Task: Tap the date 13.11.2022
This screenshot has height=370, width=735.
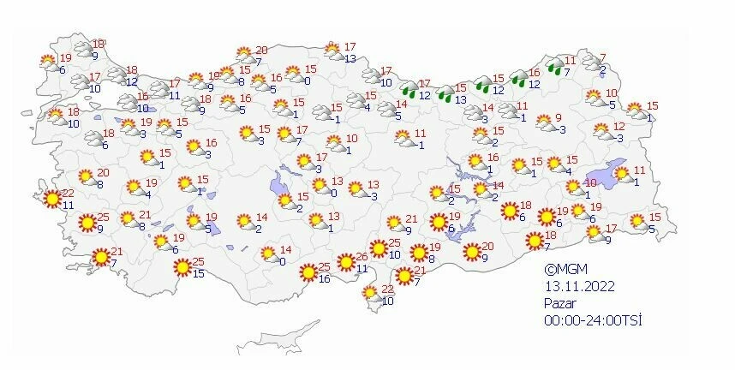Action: click(577, 287)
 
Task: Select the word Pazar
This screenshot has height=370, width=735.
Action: click(561, 303)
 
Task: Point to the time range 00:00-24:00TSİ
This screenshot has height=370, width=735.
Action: click(592, 319)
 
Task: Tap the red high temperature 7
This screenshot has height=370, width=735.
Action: click(602, 57)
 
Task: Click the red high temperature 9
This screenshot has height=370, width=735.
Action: click(558, 118)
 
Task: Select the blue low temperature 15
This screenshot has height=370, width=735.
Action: click(199, 273)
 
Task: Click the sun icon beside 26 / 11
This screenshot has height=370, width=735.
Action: click(346, 262)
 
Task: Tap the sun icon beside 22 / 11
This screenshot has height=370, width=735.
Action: click(53, 199)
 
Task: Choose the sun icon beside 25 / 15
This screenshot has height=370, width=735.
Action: click(182, 267)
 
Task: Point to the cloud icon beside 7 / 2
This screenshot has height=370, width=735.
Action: click(591, 63)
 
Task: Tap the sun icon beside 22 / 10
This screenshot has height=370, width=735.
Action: click(370, 294)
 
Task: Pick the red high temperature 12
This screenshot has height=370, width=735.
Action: click(619, 127)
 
